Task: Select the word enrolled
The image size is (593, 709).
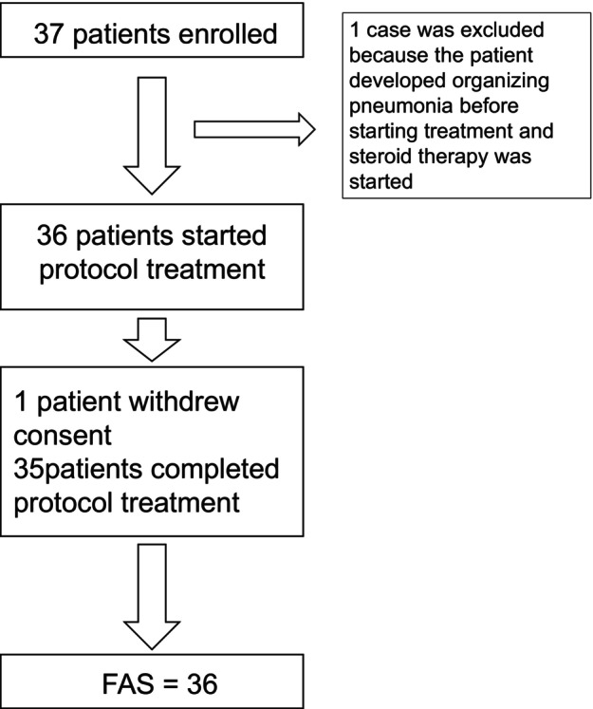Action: (x=228, y=34)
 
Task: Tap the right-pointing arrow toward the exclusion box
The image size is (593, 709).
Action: (x=254, y=130)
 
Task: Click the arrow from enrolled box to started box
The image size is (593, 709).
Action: (x=152, y=136)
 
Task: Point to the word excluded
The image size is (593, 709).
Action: (x=502, y=29)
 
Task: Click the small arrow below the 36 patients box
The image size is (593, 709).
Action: (x=152, y=340)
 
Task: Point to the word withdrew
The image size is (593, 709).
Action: (x=184, y=401)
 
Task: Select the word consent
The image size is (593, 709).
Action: (x=63, y=435)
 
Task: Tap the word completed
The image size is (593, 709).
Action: (x=214, y=469)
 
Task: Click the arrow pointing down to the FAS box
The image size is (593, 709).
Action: (x=152, y=597)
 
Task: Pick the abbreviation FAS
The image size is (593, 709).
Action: (x=128, y=683)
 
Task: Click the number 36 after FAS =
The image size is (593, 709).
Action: (x=202, y=683)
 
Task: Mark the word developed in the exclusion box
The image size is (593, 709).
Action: (x=398, y=82)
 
